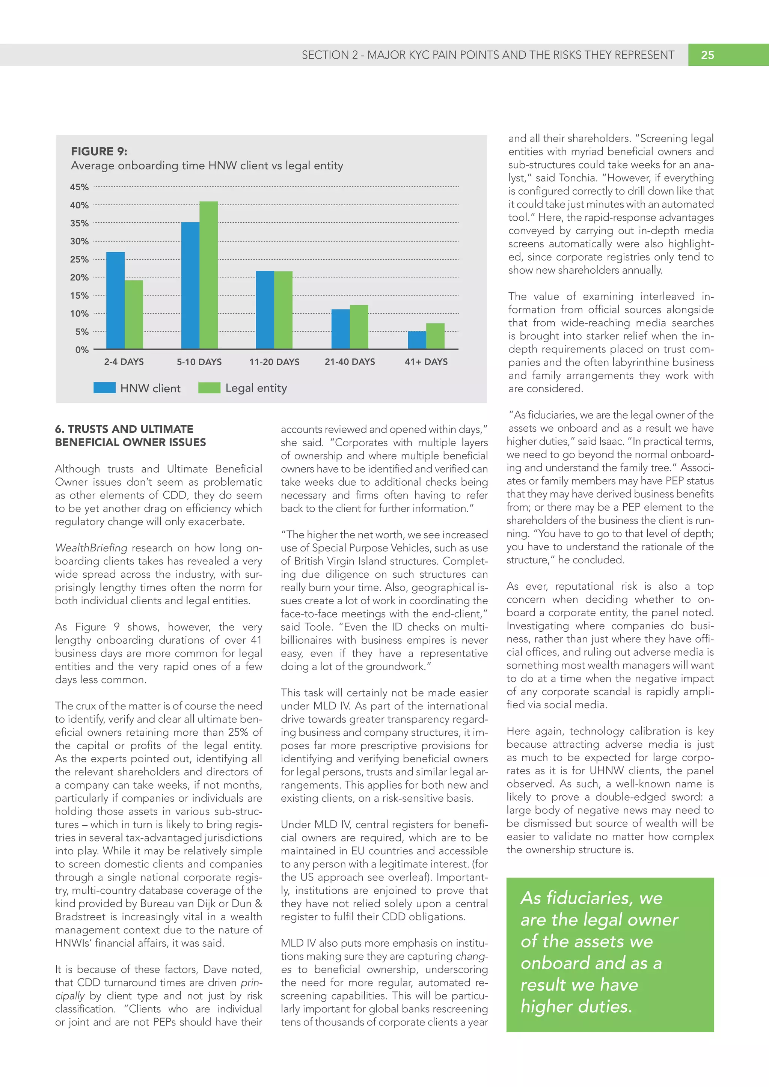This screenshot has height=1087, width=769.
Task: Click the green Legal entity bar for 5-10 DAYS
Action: [208, 275]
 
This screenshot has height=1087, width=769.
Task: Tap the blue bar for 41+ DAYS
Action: [417, 340]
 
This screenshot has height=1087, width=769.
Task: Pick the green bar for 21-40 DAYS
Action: [359, 327]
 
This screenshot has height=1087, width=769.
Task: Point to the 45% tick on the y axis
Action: [79, 187]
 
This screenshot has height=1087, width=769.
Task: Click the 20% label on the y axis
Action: [79, 277]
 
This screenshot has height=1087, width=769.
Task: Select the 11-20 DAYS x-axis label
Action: [274, 362]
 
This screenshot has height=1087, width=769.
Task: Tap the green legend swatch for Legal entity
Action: [209, 388]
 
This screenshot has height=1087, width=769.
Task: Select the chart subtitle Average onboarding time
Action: [207, 166]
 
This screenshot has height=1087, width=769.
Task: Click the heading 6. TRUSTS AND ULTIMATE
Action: [124, 429]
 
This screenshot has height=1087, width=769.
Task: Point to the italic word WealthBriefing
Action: [91, 548]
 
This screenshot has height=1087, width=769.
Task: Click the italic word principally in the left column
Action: [250, 983]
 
